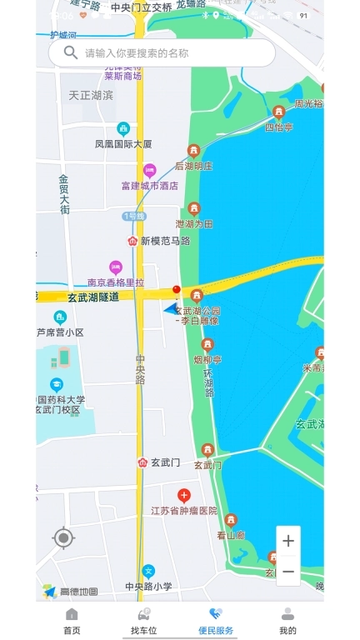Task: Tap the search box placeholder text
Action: (x=137, y=53)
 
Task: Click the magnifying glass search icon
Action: (x=71, y=52)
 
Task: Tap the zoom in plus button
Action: (x=287, y=541)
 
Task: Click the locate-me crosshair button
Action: (x=63, y=538)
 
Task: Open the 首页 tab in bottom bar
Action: (x=72, y=621)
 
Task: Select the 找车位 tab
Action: (x=144, y=621)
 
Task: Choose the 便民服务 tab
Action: (x=216, y=621)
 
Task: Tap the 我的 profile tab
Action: (x=287, y=621)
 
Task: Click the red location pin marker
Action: (x=176, y=290)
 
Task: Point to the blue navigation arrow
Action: (x=172, y=307)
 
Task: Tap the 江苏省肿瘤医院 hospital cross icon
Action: (x=184, y=496)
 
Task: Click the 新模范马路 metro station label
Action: (x=164, y=241)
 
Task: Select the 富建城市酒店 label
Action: (x=150, y=186)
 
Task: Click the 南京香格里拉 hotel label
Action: (x=116, y=282)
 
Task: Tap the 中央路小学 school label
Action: (x=148, y=586)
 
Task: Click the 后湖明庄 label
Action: (x=194, y=166)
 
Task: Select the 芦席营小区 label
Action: (x=60, y=332)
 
